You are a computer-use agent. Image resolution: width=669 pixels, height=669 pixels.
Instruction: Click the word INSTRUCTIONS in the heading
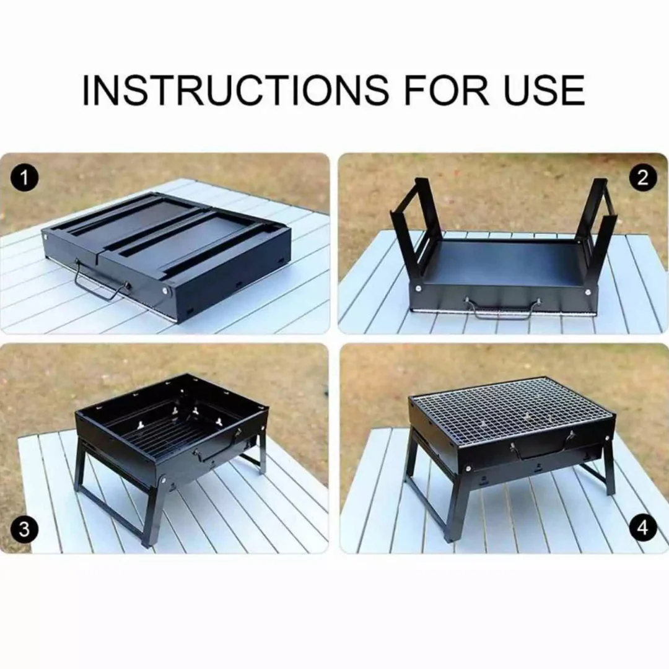point(236,90)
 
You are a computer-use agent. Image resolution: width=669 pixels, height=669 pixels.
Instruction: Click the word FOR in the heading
point(450,90)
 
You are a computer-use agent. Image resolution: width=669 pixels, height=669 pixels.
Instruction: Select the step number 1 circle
point(24,178)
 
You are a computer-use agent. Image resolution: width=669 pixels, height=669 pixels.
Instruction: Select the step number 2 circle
point(642,178)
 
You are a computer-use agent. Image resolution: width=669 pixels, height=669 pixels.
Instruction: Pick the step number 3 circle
point(24,530)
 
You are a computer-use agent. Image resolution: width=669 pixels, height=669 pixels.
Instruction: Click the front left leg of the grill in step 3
point(154,512)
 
